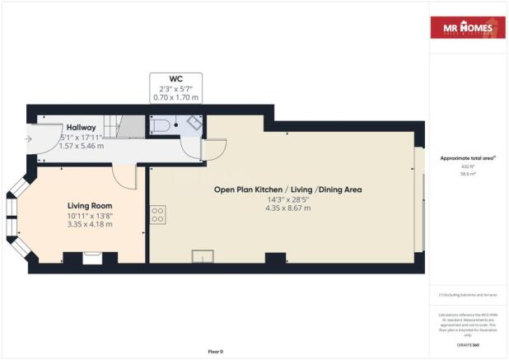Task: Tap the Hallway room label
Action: (82, 128)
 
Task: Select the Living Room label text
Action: (90, 205)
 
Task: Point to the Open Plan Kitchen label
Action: (287, 189)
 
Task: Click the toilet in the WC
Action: (161, 124)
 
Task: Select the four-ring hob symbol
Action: (157, 215)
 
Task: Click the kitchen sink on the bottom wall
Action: (203, 256)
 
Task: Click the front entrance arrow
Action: (30, 138)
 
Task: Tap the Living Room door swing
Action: (124, 175)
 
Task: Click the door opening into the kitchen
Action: (213, 149)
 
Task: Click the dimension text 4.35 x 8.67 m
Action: (287, 208)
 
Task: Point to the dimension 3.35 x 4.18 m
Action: (90, 225)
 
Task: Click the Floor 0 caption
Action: (215, 352)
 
